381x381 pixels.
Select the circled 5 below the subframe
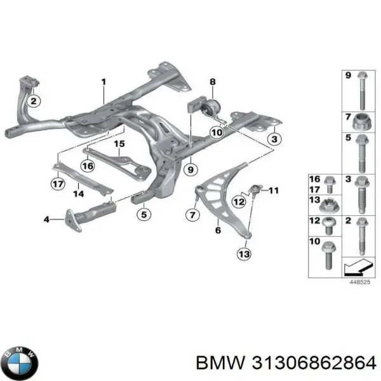144,214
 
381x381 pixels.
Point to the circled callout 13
243,254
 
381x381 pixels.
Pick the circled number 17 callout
58,186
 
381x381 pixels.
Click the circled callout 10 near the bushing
216,133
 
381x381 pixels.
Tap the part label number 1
104,82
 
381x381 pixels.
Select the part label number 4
46,220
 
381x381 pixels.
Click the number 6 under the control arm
218,231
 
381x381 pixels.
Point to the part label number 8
213,81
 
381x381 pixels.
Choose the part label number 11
274,190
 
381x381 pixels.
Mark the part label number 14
76,195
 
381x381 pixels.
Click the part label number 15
118,145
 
